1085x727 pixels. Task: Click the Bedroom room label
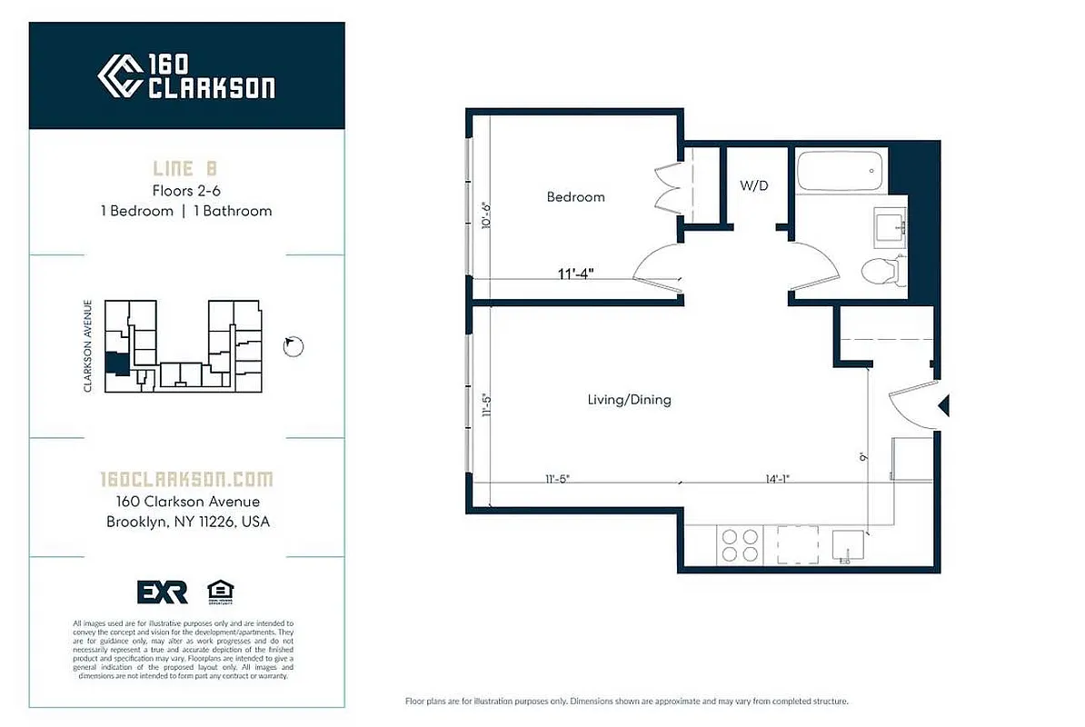tap(575, 197)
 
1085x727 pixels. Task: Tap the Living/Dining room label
tap(629, 400)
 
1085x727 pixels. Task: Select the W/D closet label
tap(753, 186)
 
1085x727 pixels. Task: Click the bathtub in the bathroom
tap(840, 171)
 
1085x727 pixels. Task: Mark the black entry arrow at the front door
tap(943, 405)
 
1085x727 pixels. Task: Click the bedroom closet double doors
tap(668, 188)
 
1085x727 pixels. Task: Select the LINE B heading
tap(186, 169)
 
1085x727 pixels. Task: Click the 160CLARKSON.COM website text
tap(185, 479)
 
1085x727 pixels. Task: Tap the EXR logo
tap(162, 592)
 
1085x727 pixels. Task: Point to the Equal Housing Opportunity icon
tap(219, 592)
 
